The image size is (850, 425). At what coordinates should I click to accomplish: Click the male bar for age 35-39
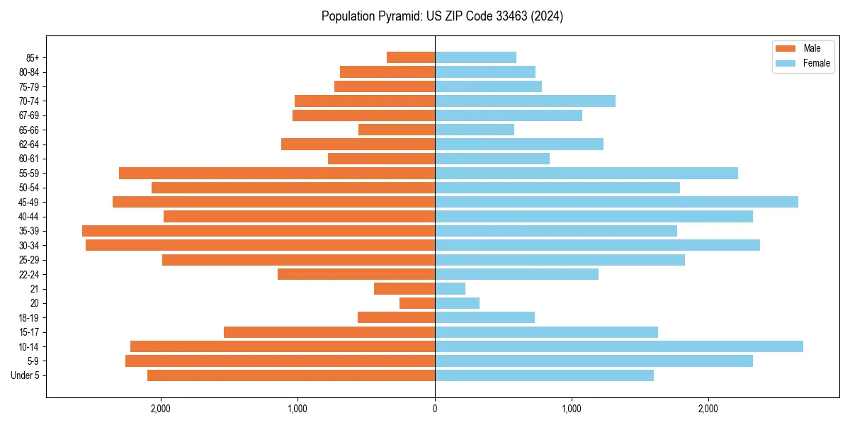tap(259, 231)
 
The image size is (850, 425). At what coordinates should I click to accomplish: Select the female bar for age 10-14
tap(618, 346)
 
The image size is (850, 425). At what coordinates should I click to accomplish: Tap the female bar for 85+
tap(475, 57)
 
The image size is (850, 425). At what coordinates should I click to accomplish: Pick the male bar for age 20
tap(417, 303)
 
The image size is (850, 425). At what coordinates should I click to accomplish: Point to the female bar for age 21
tap(450, 289)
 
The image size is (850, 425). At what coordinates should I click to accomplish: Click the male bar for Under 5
tap(290, 375)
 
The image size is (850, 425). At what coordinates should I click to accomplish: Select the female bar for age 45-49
tap(616, 202)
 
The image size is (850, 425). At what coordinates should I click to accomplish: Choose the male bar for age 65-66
tap(397, 130)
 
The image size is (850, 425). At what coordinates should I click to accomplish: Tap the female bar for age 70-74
tap(525, 101)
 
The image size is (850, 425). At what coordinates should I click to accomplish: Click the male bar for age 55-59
tap(276, 173)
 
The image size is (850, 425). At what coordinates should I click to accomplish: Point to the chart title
tap(442, 16)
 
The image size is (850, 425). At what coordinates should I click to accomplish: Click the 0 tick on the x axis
tap(435, 409)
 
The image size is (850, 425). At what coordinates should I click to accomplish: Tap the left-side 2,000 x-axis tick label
tap(161, 409)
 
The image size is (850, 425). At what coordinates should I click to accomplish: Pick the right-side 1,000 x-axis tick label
tap(571, 409)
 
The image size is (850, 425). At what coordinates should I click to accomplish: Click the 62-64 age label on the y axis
tap(29, 144)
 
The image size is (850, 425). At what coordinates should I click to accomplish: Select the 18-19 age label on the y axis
tap(29, 318)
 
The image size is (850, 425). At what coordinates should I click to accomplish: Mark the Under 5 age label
tap(25, 375)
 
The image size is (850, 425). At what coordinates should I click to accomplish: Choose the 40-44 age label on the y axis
tap(29, 217)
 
